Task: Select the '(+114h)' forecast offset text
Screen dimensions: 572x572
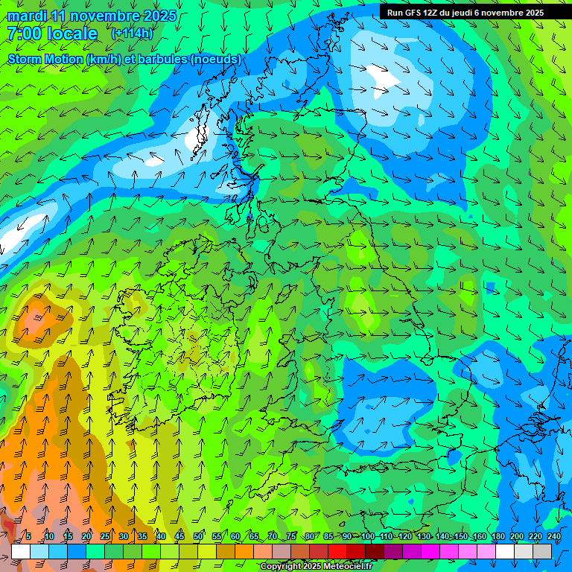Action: point(132,34)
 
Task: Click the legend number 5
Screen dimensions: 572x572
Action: point(28,536)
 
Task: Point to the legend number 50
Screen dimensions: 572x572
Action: point(198,536)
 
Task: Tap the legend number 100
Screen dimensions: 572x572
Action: point(367,536)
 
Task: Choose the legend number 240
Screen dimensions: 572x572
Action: point(554,536)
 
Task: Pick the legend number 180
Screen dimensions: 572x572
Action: point(498,536)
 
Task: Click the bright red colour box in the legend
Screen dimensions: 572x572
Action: point(337,551)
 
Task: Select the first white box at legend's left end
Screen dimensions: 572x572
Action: point(21,551)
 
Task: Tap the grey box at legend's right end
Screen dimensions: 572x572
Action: point(543,551)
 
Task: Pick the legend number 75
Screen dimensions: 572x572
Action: point(291,536)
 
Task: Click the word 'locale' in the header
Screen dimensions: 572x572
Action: point(71,34)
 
